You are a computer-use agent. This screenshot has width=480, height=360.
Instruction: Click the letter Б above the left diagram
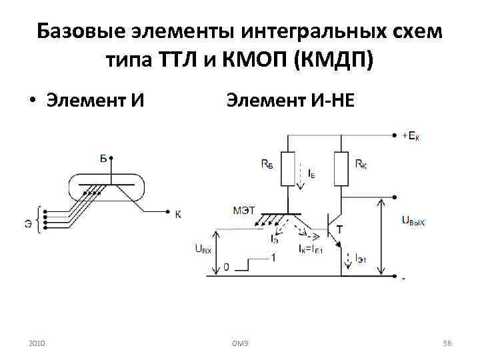click(103, 158)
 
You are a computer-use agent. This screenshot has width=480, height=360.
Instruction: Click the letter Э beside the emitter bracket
click(27, 223)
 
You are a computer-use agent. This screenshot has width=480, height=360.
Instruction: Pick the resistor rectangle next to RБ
click(287, 169)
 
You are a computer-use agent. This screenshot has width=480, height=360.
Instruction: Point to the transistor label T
click(340, 229)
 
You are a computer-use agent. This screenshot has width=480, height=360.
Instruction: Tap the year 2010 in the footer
click(37, 342)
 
